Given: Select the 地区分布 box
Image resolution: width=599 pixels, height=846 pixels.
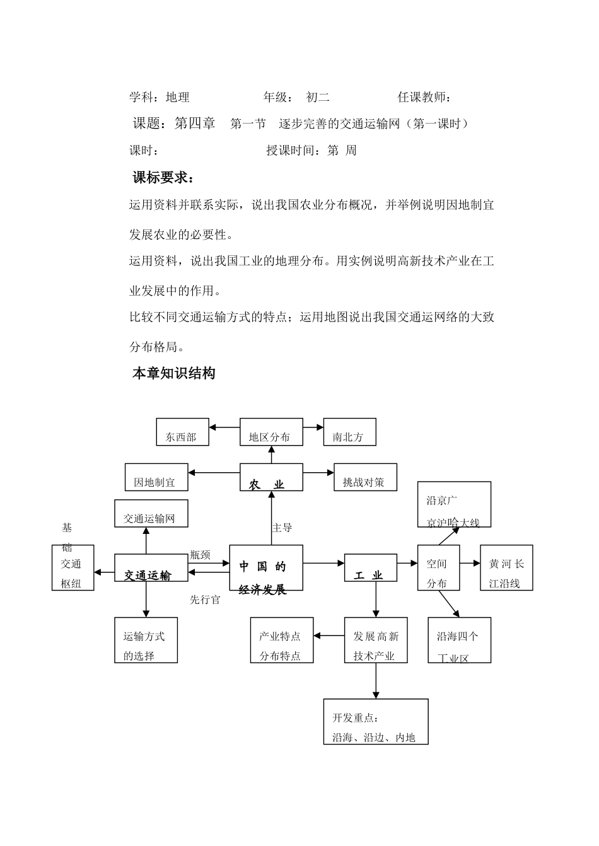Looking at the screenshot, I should pos(271,432).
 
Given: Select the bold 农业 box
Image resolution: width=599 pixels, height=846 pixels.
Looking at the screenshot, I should pos(271,477).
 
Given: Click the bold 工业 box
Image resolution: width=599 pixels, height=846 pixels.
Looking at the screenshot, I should pos(371,568).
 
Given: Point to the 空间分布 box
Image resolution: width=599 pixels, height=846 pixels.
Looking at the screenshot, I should pos(439,568).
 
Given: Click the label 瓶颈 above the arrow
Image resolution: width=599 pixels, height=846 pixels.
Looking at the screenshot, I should pos(200,555).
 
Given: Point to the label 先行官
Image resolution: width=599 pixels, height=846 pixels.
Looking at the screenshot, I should pos(205,600).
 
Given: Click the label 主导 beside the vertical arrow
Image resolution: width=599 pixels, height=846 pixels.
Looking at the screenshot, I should pos(282,528).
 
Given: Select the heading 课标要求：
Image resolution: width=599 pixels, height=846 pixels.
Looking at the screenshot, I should pos(163,178).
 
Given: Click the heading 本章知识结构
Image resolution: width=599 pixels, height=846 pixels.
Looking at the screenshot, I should pos(173,373).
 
